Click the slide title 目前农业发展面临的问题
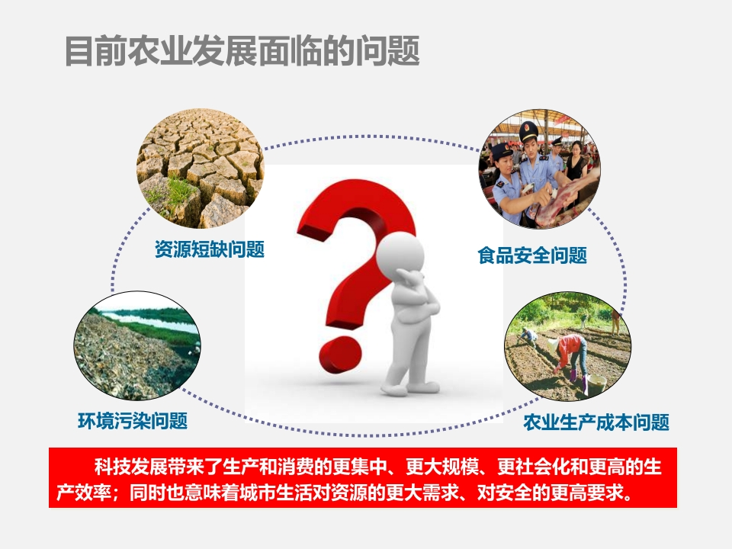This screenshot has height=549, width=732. point(242,51)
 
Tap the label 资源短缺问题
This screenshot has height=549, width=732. point(210,249)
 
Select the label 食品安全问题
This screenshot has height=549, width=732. point(532,255)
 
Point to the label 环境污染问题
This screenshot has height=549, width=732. point(133,421)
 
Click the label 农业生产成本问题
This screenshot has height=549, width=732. point(596,422)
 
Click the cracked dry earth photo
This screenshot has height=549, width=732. point(201,169)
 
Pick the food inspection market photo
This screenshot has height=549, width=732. point(540,169)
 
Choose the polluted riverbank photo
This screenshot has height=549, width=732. point(137,346)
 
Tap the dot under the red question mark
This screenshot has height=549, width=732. point(340,355)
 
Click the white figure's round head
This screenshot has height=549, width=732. point(400,252)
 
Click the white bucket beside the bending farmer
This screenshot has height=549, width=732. point(596,384)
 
